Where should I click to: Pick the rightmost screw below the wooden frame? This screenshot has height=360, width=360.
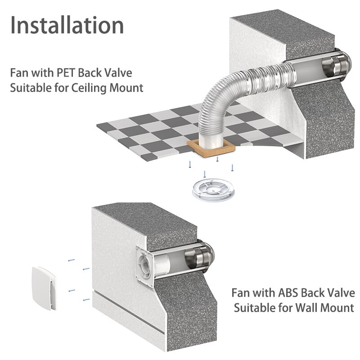tap(232, 168)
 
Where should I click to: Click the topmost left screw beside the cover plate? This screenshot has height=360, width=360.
tap(70, 261)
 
